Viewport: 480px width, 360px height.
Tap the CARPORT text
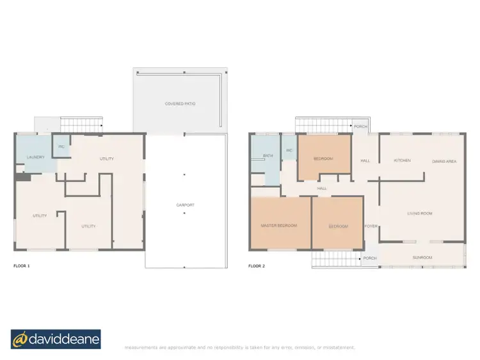[185, 205]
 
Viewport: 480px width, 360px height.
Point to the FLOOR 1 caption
[21, 265]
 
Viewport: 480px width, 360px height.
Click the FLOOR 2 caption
[257, 265]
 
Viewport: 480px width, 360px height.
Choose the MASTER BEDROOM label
[278, 226]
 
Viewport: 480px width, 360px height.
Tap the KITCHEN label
[402, 160]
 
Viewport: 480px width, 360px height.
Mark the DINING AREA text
[444, 161]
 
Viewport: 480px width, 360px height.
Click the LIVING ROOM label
[420, 213]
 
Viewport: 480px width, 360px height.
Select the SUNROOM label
[422, 258]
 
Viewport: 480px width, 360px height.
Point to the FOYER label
[370, 226]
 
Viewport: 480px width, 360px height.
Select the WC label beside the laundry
[61, 146]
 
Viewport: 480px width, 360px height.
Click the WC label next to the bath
[289, 151]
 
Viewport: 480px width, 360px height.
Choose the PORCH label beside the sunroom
[370, 258]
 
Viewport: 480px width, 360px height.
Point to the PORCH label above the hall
[360, 126]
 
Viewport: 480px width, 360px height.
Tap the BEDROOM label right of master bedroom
[337, 226]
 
